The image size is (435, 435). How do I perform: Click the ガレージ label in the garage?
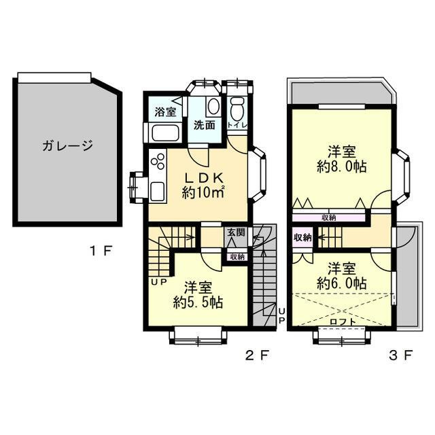pyautogui.click(x=66, y=145)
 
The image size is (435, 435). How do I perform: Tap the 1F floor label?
pyautogui.click(x=101, y=251)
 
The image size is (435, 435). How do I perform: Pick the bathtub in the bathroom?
pyautogui.click(x=164, y=132)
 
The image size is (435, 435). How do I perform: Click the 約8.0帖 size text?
pyautogui.click(x=343, y=167)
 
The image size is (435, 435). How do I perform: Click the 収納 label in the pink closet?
pyautogui.click(x=302, y=238)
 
